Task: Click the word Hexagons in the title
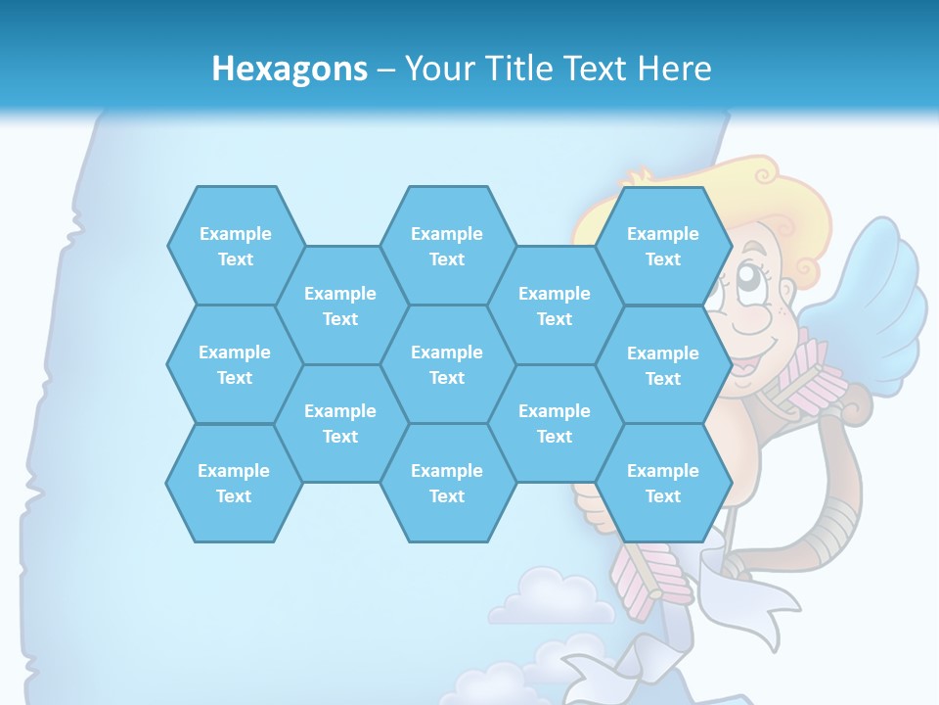point(290,69)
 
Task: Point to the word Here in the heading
point(674,69)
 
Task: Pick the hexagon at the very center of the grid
point(447,364)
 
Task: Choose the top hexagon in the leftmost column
point(235,246)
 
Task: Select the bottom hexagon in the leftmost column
point(234,483)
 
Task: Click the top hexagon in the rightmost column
point(663,246)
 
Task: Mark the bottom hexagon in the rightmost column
point(663,483)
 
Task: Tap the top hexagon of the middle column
point(447,246)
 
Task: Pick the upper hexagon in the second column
point(340,305)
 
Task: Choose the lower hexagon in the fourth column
point(555,423)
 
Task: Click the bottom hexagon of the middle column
point(447,483)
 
